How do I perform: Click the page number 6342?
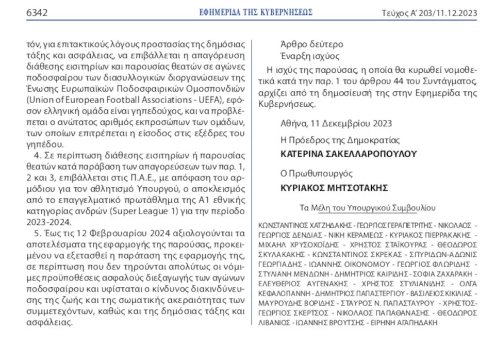[x=37, y=12]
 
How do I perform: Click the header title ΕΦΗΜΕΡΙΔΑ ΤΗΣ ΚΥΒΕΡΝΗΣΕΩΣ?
[x=256, y=12]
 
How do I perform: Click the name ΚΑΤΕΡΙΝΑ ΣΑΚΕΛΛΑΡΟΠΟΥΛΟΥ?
[x=349, y=154]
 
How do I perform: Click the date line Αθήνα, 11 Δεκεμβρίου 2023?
[x=336, y=123]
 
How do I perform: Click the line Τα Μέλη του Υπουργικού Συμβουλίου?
[x=367, y=208]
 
